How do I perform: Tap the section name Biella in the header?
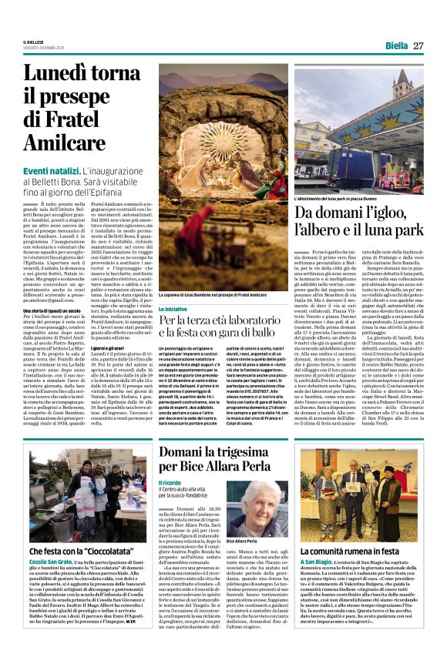pyautogui.click(x=396, y=45)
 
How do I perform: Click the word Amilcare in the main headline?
pyautogui.click(x=65, y=143)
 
